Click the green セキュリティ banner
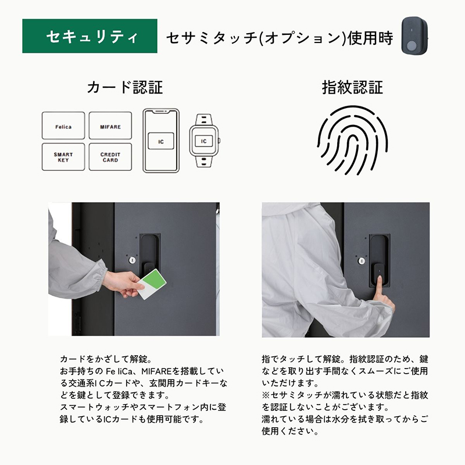coord(90,36)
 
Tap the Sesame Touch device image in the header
coord(414,35)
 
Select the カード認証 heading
coord(125,88)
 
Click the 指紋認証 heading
coord(352,88)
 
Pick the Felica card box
coord(63,126)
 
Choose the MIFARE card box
coord(110,126)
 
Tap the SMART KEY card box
coord(63,157)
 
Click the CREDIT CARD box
coord(110,157)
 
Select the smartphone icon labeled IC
coord(161,141)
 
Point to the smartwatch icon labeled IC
coord(204,141)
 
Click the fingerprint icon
coord(352,140)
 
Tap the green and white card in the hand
coord(152,284)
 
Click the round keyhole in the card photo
coord(133,260)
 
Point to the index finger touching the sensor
coord(378,288)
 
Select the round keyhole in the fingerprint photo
coord(362,261)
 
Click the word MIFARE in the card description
coord(156,371)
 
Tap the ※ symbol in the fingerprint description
coord(266,395)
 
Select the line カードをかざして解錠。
coord(106,359)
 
